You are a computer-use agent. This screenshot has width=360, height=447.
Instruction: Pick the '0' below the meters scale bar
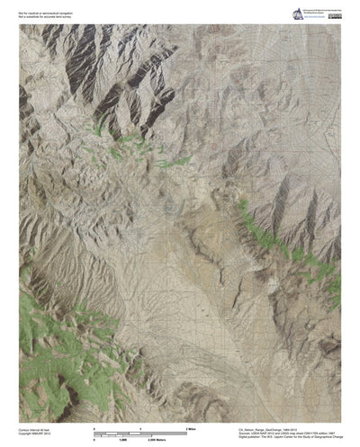click(x=94, y=441)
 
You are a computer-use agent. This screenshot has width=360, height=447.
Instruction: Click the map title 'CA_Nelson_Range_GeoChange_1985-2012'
click(x=275, y=430)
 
